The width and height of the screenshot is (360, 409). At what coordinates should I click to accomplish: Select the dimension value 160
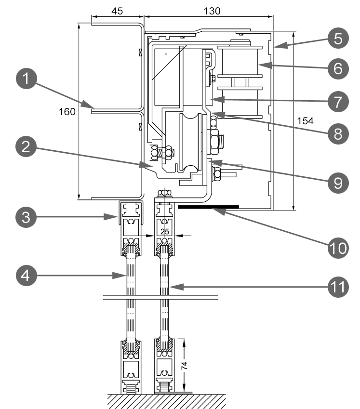coord(67,112)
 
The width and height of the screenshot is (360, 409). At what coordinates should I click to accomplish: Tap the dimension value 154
coord(305,121)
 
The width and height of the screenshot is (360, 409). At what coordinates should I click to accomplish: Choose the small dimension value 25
coord(164,232)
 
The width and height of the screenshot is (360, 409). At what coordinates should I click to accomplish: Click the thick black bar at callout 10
coord(208,206)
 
